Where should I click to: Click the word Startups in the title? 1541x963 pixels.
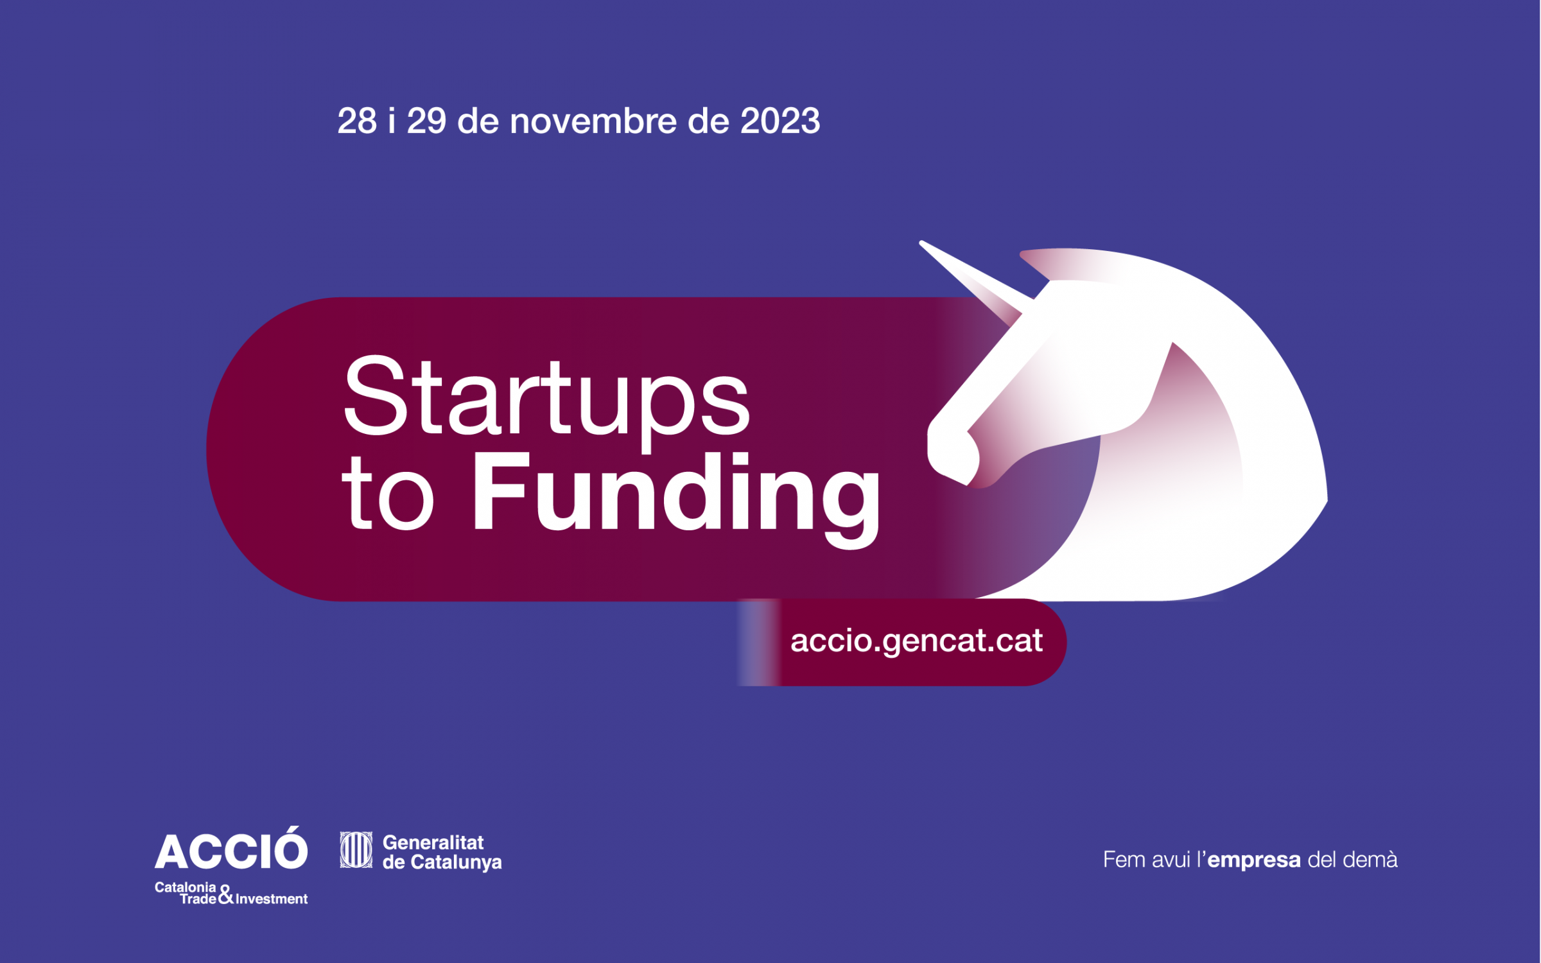(x=546, y=401)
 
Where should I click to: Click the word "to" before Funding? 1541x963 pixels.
(x=388, y=494)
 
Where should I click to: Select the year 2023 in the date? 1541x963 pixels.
(x=780, y=121)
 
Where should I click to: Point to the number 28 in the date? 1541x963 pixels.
(x=357, y=121)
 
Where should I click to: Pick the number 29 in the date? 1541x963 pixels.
(x=426, y=121)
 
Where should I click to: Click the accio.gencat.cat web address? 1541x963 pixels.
(x=916, y=641)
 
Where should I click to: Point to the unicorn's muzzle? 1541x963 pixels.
(x=953, y=453)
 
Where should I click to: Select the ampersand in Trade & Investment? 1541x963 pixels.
(x=225, y=894)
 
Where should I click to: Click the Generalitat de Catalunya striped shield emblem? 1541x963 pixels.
(x=356, y=850)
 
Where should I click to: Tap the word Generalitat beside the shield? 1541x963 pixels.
(x=433, y=842)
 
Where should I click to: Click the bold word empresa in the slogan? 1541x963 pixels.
(x=1254, y=860)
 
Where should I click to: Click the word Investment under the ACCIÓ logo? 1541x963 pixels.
(x=272, y=899)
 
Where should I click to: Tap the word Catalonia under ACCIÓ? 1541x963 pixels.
(x=185, y=887)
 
